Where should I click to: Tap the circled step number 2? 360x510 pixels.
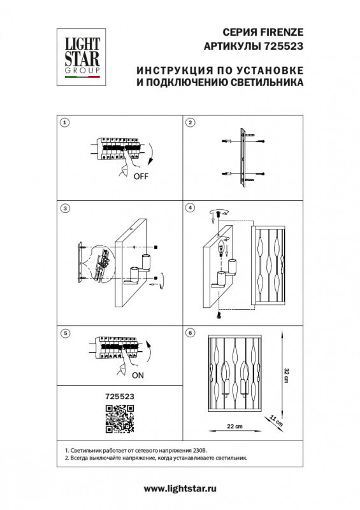(x=190, y=122)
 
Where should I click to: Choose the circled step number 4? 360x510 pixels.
(x=190, y=208)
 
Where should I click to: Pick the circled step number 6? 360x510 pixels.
(x=190, y=333)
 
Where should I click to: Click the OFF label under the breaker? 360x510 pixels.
(x=141, y=177)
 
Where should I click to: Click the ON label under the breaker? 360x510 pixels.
(x=138, y=375)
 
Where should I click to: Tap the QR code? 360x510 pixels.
(x=119, y=419)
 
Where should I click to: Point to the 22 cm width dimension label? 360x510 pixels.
(x=234, y=426)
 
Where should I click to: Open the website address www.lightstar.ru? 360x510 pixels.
(x=180, y=489)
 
